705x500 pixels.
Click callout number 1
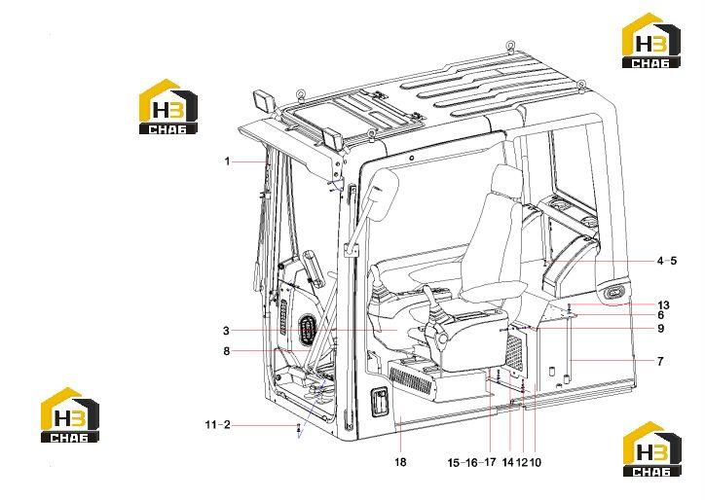[228, 161]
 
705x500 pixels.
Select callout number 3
[226, 331]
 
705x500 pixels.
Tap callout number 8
[227, 351]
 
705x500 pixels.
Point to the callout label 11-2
[217, 424]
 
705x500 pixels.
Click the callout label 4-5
[667, 261]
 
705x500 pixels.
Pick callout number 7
[660, 361]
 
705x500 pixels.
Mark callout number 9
[660, 329]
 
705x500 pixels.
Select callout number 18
[400, 462]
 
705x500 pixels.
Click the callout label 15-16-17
[471, 462]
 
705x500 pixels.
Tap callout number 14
[507, 462]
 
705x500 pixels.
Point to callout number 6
[660, 315]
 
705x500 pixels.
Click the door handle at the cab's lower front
[378, 402]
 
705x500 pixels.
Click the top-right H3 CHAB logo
[651, 41]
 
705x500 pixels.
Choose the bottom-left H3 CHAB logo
[70, 414]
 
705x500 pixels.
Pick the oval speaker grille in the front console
[308, 330]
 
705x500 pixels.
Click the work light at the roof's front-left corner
[262, 101]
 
